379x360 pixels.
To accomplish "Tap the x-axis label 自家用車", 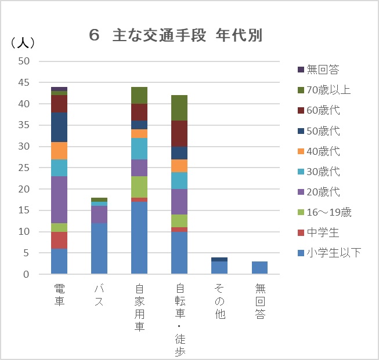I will pyautogui.click(x=139, y=307).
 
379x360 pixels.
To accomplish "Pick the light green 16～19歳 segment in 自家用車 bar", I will pyautogui.click(x=139, y=187).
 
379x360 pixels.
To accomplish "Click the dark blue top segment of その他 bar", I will pyautogui.click(x=219, y=259).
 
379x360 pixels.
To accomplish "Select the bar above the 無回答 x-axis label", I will pyautogui.click(x=259, y=268).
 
